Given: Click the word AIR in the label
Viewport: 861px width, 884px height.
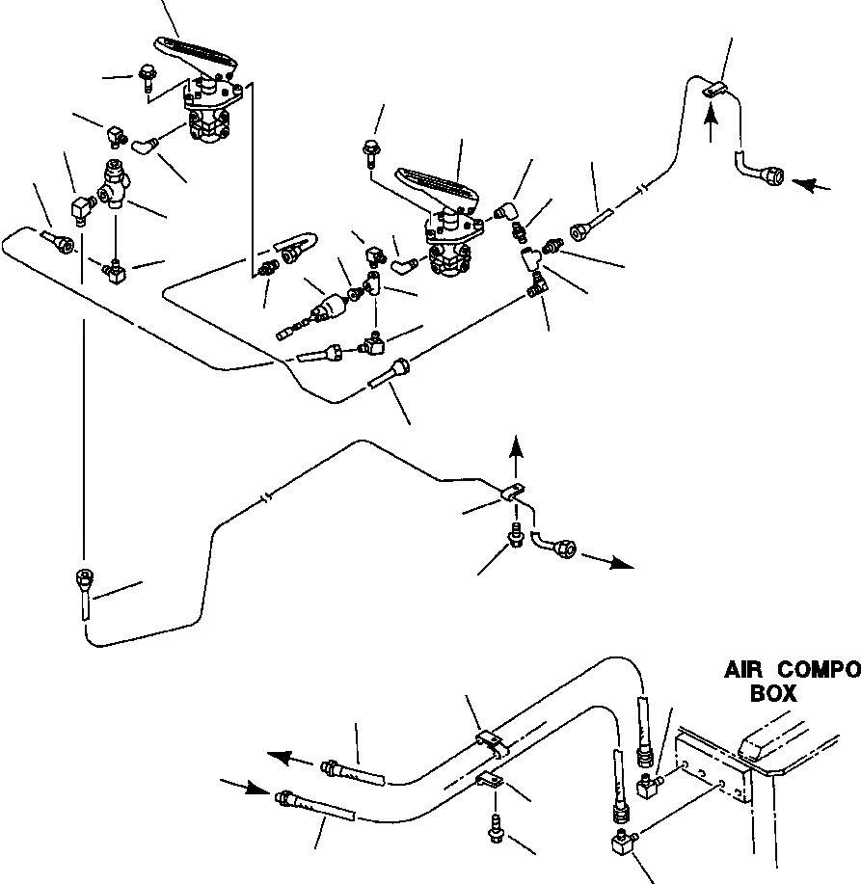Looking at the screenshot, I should [744, 668].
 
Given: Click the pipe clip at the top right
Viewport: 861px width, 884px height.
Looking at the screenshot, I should [713, 90].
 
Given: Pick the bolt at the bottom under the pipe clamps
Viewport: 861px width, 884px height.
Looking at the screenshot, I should [497, 824].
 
